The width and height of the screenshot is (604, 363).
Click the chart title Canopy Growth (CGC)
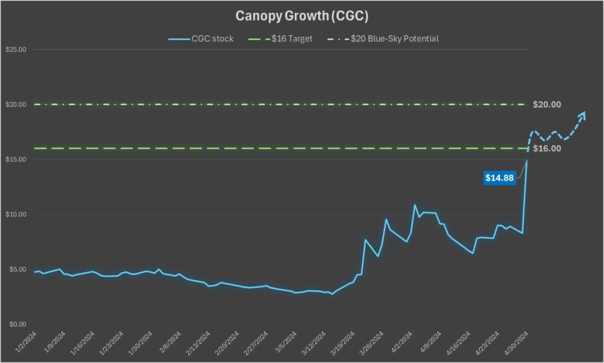[302, 14]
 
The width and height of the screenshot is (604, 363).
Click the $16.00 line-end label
[547, 149]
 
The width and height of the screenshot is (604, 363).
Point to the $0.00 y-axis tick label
[16, 324]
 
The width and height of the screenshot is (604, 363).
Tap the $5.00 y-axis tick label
[16, 269]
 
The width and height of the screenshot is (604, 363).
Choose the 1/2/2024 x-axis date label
[27, 342]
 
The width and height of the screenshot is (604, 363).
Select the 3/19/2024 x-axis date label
[344, 342]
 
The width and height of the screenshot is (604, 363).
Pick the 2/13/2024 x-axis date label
[200, 342]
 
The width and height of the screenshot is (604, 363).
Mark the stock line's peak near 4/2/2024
[415, 205]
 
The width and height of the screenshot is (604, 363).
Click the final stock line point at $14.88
[527, 161]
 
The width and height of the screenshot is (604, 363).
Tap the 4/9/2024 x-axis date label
[432, 342]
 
